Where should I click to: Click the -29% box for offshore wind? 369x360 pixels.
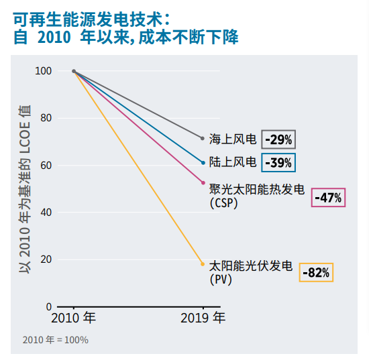click(278, 139)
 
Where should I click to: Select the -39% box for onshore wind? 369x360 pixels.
click(278, 162)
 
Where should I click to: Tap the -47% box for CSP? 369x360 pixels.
click(329, 198)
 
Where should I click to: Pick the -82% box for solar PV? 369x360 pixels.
click(315, 272)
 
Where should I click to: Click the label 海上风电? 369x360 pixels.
click(233, 139)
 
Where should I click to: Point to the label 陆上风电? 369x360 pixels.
click(233, 162)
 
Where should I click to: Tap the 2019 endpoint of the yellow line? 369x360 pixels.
click(203, 264)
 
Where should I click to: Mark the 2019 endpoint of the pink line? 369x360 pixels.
click(203, 182)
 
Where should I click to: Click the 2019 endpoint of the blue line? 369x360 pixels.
click(203, 162)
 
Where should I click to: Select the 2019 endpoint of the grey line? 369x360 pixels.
click(203, 138)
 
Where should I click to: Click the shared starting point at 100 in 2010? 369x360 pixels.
click(74, 71)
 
